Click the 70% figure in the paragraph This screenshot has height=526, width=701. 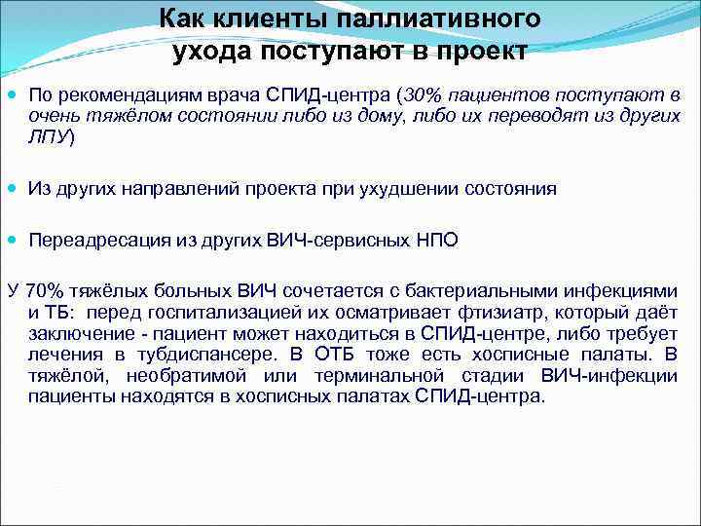click(x=45, y=291)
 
